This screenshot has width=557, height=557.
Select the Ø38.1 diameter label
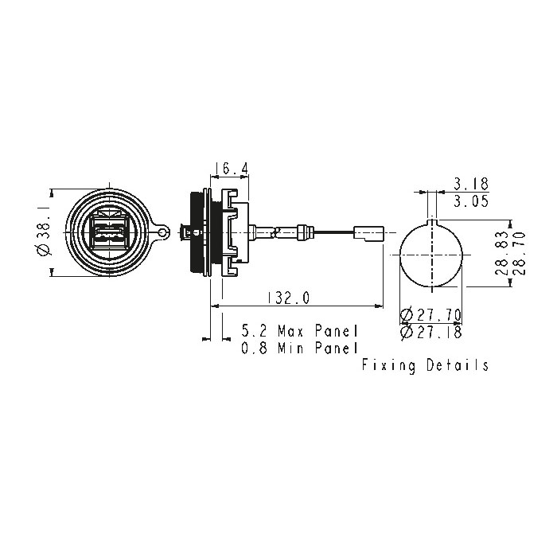44,232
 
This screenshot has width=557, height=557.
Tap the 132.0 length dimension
288,298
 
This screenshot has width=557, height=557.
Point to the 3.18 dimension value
471,184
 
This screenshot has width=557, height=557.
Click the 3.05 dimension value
471,201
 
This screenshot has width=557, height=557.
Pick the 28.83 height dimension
502,253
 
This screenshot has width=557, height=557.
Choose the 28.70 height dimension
519,253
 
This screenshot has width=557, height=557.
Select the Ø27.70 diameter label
431,315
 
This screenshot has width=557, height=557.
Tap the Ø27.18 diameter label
431,332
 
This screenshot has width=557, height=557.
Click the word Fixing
388,365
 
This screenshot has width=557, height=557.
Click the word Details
458,364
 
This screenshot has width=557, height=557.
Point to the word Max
290,331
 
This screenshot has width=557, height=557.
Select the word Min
290,348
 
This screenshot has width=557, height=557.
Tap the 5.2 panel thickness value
254,331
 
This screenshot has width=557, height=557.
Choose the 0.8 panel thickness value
254,348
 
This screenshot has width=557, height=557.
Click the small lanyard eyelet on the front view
162,232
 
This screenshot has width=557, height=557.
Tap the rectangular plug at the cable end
368,233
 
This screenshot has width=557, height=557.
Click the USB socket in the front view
109,232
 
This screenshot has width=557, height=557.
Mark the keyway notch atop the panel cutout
431,222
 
